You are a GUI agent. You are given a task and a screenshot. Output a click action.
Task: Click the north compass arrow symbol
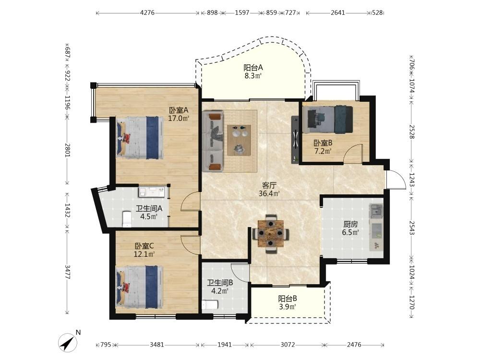tap(69, 342)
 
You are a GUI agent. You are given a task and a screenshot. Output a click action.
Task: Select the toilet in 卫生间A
tap(126, 219)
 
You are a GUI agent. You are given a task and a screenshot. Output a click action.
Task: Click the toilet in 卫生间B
tap(210, 305)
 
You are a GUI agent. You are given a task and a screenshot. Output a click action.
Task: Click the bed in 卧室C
tap(140, 287)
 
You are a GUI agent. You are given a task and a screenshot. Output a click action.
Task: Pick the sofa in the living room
tap(213, 142)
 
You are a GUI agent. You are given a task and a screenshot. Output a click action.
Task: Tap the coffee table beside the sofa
tap(239, 140)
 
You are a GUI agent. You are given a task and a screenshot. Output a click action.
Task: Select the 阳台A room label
tap(253, 67)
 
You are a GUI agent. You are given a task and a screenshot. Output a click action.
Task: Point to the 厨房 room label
tap(350, 224)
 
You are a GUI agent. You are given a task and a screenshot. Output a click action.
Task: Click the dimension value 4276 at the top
tap(147, 13)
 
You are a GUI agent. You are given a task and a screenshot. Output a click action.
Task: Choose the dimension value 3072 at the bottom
tap(288, 345)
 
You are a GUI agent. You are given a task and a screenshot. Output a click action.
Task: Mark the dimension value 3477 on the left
tap(67, 272)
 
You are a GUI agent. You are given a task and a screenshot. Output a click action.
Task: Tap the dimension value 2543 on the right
tap(412, 228)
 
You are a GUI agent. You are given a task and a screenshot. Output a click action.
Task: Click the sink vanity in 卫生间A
tap(152, 192)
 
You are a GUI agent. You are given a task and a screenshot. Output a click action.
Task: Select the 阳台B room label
tap(288, 299)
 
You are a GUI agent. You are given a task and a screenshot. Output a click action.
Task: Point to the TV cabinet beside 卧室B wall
tap(295, 139)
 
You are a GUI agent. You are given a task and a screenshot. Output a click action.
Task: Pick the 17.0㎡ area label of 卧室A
tap(179, 118)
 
